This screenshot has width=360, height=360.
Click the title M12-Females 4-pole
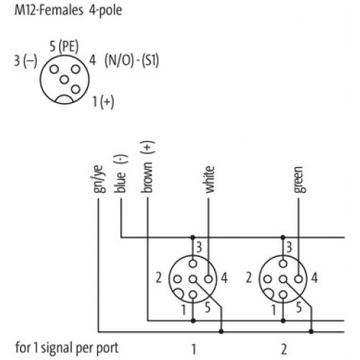pos(68,10)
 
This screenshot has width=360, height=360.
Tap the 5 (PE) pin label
pos(64,46)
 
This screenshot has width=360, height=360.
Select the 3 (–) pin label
pos(26,60)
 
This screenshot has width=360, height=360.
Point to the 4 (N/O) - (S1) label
pos(124,60)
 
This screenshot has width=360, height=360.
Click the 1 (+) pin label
pos(103,102)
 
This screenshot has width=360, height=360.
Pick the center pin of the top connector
pos(64,80)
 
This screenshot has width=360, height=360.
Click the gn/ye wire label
pos(99,179)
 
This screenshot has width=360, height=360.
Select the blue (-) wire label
pos(121,174)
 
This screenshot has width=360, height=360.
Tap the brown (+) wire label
pos(148,167)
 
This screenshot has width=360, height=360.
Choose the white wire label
pos(209,179)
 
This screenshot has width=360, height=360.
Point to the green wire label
pos(300,180)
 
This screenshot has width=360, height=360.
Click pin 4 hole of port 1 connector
pos(209,279)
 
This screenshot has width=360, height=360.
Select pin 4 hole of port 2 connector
pos(299,279)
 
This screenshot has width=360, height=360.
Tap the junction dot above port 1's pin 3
pos(193,238)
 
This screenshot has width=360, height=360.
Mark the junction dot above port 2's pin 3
pos(283,238)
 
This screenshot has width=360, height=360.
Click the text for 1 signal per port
pos(67,348)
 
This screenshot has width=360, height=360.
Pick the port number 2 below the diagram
pos(284,349)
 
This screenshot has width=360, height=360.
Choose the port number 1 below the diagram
pos(194,349)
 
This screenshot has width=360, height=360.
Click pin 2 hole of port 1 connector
pos(177,279)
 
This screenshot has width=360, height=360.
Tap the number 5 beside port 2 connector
pos(299,307)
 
